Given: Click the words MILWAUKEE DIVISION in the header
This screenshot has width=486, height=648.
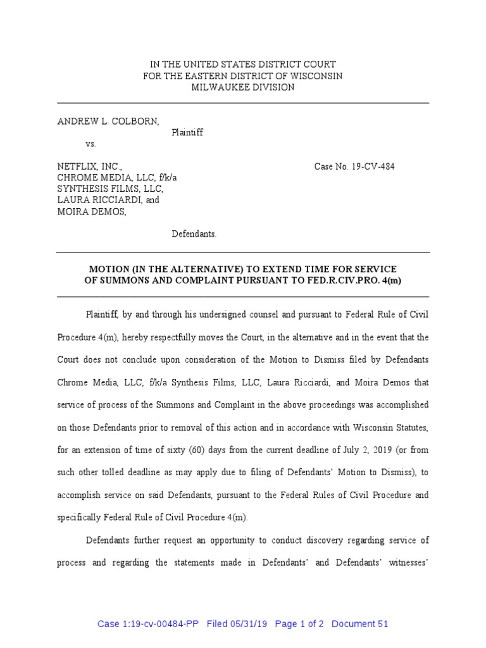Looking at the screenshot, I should point(243,87).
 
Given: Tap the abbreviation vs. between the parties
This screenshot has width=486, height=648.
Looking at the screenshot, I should point(91,144).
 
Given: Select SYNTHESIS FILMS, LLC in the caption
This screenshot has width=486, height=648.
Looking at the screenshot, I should point(111,189).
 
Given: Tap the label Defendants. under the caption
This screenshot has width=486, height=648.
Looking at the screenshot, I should point(194,234).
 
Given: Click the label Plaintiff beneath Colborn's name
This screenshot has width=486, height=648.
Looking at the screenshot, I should point(187,132).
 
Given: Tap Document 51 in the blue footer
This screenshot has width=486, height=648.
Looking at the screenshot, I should point(359,624).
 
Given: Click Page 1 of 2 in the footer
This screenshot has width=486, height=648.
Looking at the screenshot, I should point(299,624).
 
